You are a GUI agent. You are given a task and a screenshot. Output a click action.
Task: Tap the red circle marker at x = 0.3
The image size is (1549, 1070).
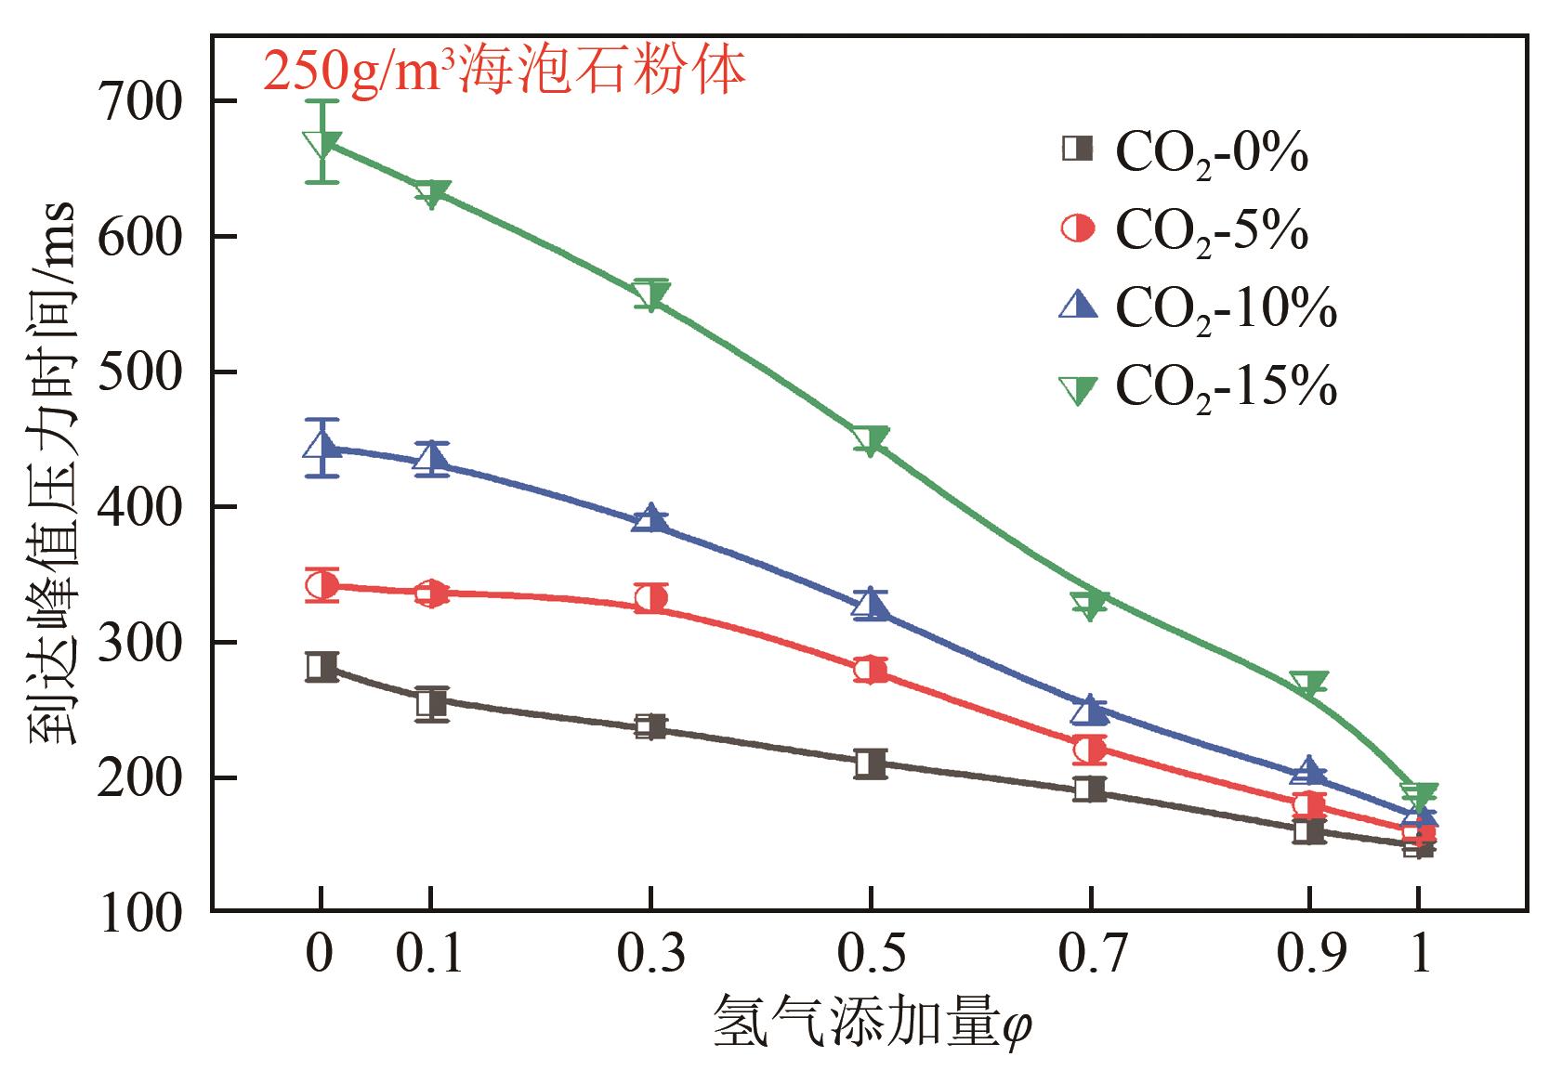point(650,598)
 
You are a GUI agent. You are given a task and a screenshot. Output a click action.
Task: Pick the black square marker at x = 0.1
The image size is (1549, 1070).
point(430,703)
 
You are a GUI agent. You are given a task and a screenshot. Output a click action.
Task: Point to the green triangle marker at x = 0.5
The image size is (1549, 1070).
point(870,439)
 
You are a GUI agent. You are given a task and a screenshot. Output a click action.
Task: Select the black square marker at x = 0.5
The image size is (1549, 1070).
point(870,763)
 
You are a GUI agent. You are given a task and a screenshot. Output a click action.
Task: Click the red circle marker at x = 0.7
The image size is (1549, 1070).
point(1089,749)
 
